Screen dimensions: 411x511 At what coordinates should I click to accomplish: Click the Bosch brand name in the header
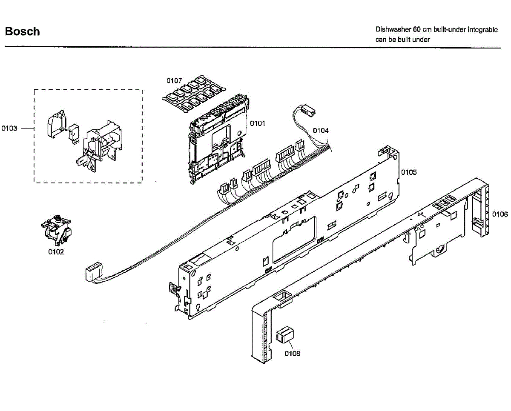(22, 31)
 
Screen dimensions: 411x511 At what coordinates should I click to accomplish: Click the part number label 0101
(258, 123)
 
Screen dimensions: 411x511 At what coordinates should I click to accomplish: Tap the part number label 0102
(56, 252)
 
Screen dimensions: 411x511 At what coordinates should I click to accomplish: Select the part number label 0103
(9, 128)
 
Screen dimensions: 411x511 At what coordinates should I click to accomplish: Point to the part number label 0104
(321, 131)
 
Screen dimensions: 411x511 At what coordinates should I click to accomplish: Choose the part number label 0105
(409, 172)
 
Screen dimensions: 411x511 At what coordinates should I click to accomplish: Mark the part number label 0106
(500, 214)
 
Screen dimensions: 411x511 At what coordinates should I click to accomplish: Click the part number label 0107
(174, 80)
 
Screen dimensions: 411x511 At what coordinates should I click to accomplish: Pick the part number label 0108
(292, 353)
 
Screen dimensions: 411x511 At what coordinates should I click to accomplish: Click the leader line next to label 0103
(28, 128)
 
